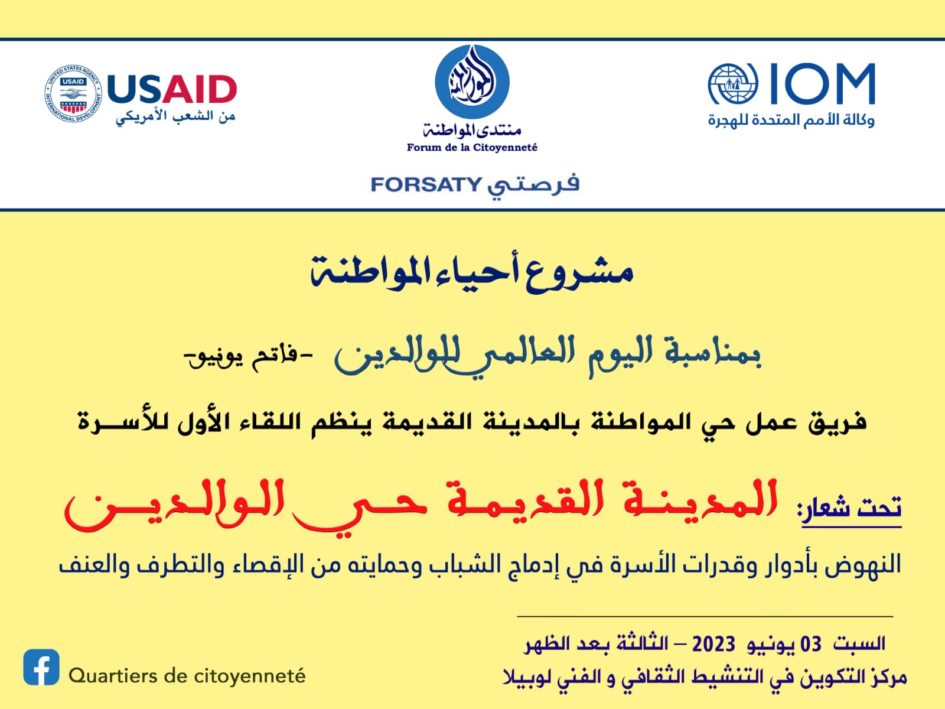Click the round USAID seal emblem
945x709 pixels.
(x=73, y=93)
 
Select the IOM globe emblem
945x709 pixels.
(x=733, y=83)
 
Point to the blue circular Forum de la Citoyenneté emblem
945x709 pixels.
(x=472, y=82)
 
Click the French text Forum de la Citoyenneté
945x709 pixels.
(x=472, y=148)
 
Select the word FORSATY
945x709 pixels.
(x=426, y=184)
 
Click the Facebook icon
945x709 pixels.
(x=41, y=667)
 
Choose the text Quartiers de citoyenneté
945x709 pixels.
(x=187, y=676)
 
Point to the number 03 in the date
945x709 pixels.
(x=811, y=645)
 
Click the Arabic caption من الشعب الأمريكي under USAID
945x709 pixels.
(x=175, y=116)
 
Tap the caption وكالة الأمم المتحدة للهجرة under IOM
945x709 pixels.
(x=791, y=120)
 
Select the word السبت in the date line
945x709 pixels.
(x=859, y=644)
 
